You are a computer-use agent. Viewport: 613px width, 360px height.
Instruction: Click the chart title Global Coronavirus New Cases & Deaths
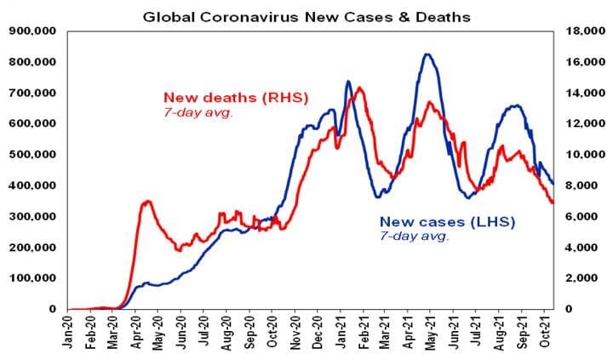306,15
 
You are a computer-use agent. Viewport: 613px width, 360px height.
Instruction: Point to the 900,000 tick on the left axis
32,31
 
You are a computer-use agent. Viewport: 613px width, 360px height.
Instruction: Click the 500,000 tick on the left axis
32,154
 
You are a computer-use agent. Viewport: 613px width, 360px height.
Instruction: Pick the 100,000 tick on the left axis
32,278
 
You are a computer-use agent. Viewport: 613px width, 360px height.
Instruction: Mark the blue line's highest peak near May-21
427,54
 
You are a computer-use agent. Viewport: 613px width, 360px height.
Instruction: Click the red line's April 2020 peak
147,201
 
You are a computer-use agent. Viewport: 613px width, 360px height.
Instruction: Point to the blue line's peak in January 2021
348,82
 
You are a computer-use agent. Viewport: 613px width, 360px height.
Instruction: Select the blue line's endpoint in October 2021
553,183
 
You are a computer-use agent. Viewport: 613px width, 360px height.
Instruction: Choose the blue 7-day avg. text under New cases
414,236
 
